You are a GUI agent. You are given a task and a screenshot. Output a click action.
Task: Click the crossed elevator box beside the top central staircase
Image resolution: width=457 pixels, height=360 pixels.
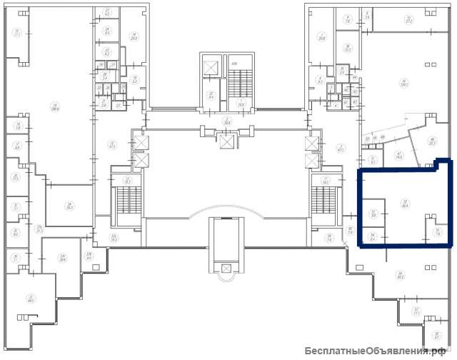click(211, 68)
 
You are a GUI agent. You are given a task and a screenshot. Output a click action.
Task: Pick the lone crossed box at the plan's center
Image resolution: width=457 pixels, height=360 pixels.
click(228, 141)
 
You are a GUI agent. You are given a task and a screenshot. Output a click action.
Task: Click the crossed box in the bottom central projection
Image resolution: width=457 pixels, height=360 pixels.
click(227, 268)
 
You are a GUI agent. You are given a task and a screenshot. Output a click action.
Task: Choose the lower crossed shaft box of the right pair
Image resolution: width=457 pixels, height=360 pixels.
click(312, 160)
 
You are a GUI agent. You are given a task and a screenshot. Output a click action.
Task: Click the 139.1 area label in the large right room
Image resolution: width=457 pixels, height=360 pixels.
click(404, 82)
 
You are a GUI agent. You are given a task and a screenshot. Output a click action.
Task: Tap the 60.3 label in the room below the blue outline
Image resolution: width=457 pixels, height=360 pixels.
click(401, 274)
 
